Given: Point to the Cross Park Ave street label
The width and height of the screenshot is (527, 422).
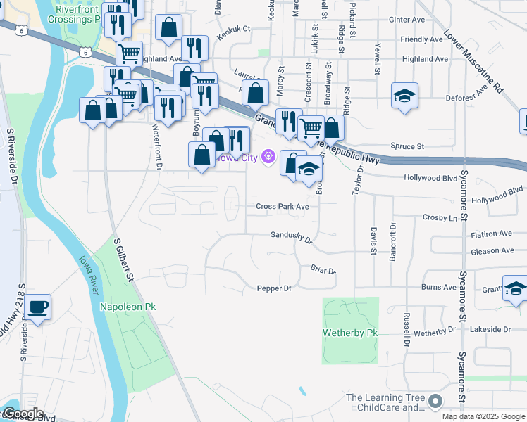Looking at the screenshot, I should (x=283, y=207).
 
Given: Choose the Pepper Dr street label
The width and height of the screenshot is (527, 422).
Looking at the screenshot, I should (x=274, y=288).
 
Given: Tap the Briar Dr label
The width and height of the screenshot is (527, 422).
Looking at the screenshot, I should (x=323, y=269).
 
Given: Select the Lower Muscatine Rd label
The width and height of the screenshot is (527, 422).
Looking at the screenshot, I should (x=474, y=61).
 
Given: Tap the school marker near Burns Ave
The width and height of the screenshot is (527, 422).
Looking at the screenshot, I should (x=516, y=289).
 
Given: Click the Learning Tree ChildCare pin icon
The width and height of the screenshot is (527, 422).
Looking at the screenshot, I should (x=435, y=402).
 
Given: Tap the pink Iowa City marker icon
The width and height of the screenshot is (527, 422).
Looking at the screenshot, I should (x=268, y=156).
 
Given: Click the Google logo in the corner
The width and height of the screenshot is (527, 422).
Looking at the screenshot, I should (x=23, y=414).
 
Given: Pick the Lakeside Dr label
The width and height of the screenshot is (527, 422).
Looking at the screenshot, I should (x=491, y=329).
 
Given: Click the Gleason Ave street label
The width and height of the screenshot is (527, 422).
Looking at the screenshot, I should (x=492, y=251).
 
